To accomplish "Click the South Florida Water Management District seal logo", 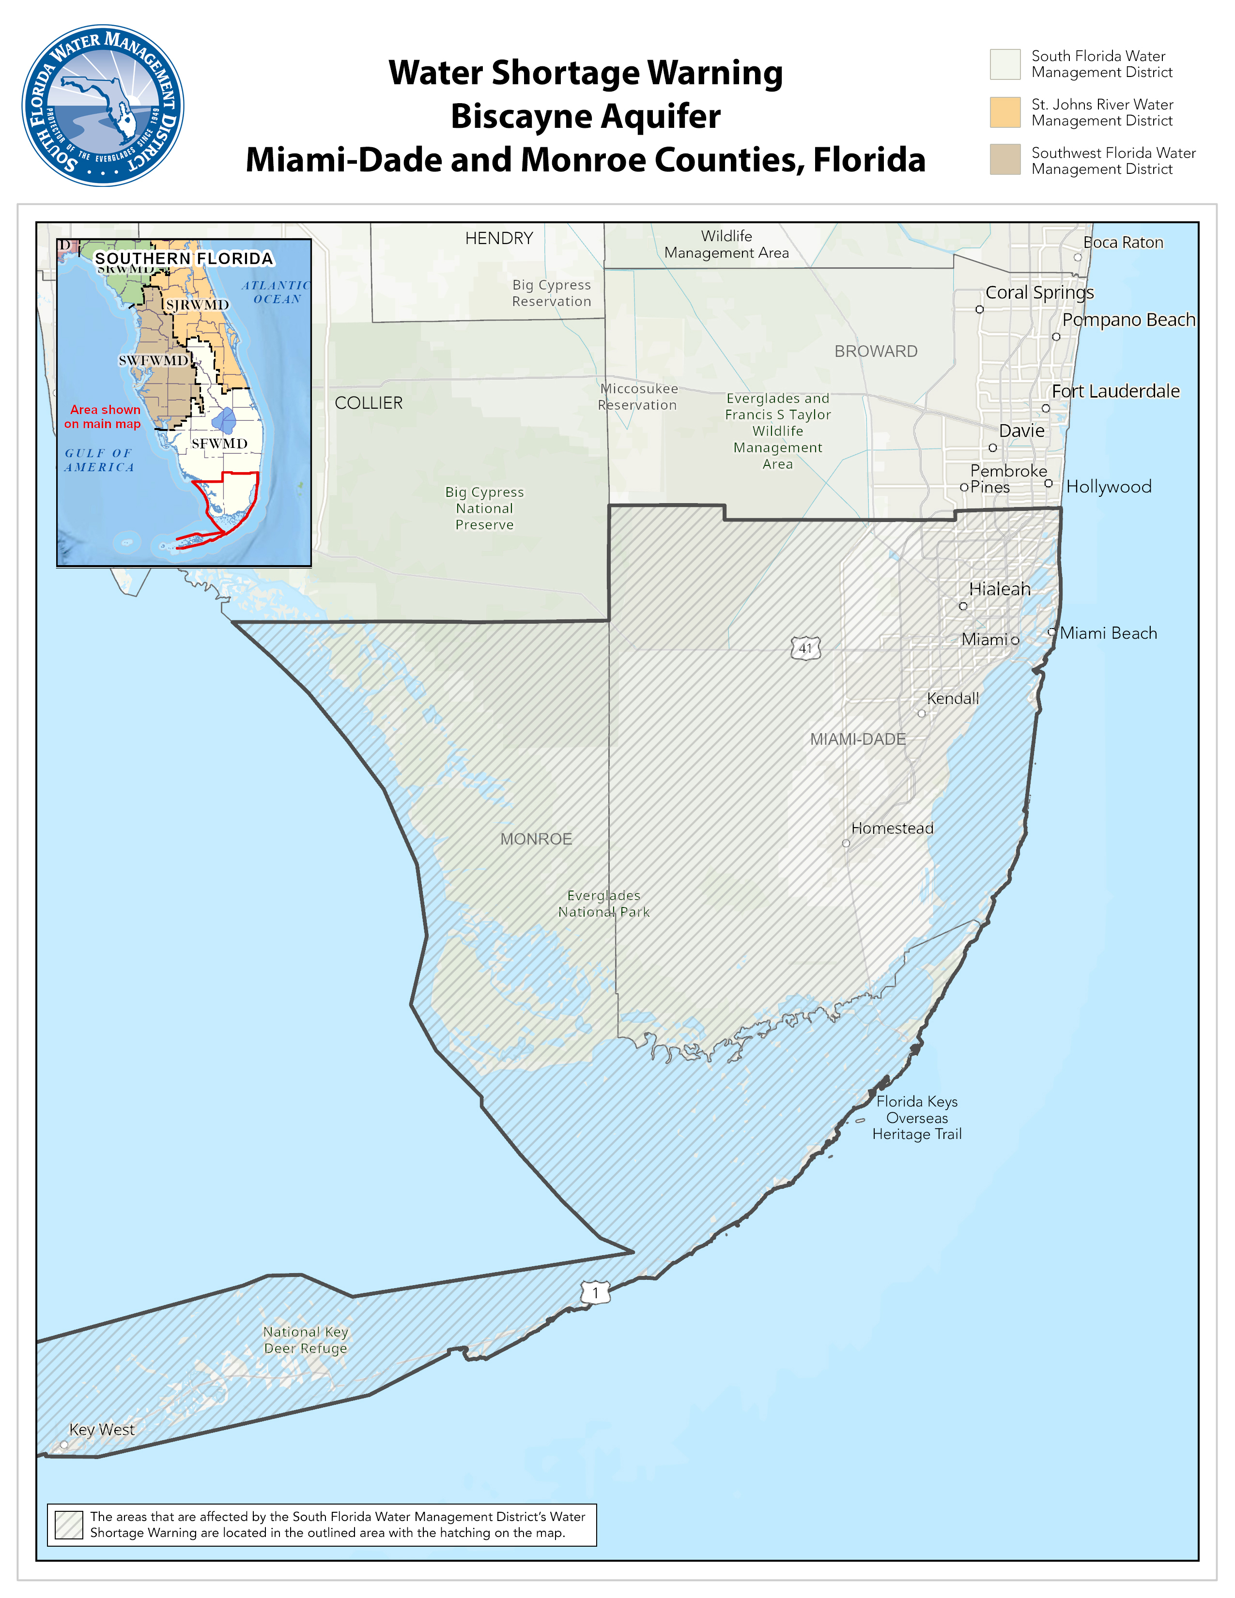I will [103, 106].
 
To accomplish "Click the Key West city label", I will [102, 1429].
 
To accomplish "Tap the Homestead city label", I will [892, 828].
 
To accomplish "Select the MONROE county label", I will [536, 839].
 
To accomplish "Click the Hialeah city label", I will [1000, 589].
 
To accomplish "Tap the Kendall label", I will [953, 699].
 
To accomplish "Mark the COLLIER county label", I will [369, 403].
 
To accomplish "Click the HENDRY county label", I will [499, 239].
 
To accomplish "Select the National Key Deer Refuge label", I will [306, 1340].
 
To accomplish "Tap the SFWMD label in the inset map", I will [219, 444].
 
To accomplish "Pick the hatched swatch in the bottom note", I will [69, 1525].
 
